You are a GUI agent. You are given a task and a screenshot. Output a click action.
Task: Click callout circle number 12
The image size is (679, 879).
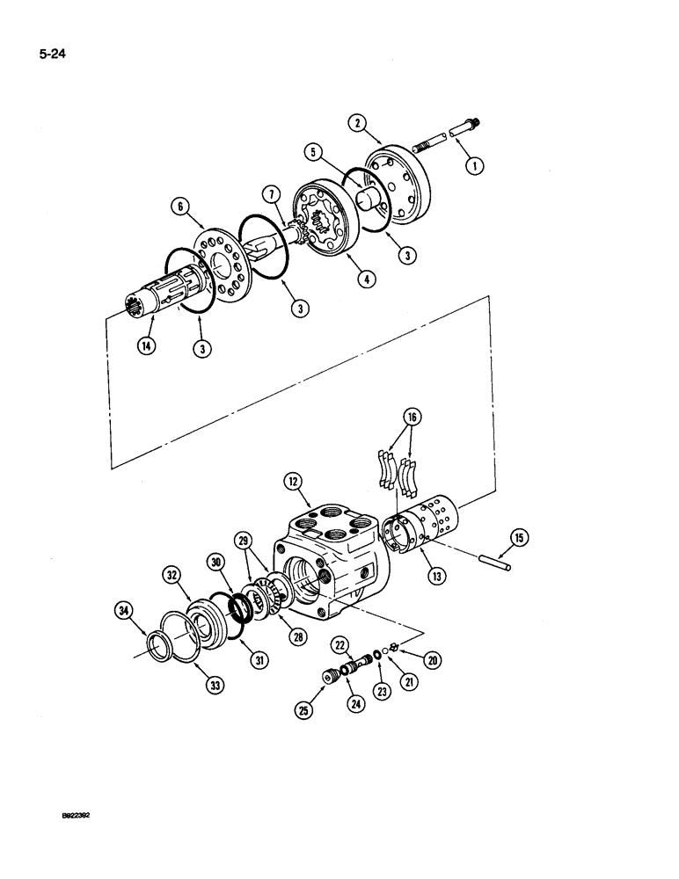click(x=293, y=481)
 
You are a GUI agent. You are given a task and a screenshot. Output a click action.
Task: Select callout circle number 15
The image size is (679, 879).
click(x=518, y=538)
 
